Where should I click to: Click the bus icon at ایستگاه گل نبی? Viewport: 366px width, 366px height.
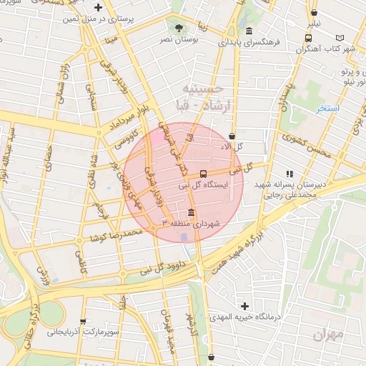[204, 174]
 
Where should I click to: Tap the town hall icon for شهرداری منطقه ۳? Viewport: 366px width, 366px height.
[191, 213]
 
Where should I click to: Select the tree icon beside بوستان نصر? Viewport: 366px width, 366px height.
[179, 29]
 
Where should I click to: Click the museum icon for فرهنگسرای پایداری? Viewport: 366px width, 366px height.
[248, 31]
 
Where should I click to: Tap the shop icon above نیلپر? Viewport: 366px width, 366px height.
[314, 12]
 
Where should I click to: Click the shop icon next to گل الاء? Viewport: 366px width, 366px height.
[232, 136]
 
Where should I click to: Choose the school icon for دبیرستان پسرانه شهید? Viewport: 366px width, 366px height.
[290, 174]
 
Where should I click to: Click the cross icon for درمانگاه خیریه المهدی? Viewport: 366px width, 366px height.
[245, 306]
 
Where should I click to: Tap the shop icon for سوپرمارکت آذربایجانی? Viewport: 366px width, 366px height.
[84, 322]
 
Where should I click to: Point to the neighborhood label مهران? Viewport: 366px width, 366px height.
[327, 334]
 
